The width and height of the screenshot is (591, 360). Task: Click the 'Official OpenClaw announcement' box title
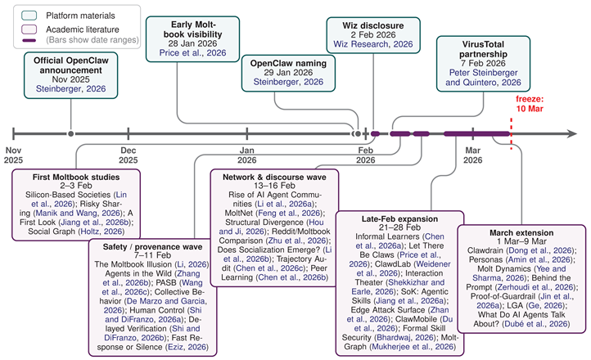(x=71, y=65)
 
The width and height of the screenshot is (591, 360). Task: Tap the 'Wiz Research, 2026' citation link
(x=373, y=44)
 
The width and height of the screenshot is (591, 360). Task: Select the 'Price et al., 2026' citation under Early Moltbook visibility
(x=192, y=52)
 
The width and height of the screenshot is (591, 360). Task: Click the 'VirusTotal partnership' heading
(x=483, y=49)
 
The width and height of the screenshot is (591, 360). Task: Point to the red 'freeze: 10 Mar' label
(x=530, y=104)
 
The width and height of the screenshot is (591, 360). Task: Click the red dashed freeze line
(x=511, y=134)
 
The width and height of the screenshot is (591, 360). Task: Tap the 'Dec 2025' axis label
(x=129, y=155)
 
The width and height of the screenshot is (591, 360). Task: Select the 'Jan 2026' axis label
(x=247, y=155)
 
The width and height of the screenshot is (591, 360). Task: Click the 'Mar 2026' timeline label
(x=472, y=155)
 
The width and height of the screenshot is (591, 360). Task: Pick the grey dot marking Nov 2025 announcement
(x=71, y=133)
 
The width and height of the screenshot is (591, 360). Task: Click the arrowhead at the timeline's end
(x=572, y=133)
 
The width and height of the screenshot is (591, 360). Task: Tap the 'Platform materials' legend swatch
(x=29, y=16)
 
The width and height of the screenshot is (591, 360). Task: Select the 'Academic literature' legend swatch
(x=29, y=29)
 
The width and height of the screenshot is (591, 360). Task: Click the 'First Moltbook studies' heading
(x=76, y=177)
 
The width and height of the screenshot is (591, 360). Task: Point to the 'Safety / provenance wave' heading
(x=152, y=246)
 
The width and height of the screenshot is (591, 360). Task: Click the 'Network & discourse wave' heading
(x=274, y=177)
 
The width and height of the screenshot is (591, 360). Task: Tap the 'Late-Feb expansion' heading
(x=400, y=218)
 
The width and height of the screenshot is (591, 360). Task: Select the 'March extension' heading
(x=521, y=232)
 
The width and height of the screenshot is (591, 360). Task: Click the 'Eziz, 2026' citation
(x=187, y=347)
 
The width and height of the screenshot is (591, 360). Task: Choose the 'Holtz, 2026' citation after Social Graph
(x=101, y=232)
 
